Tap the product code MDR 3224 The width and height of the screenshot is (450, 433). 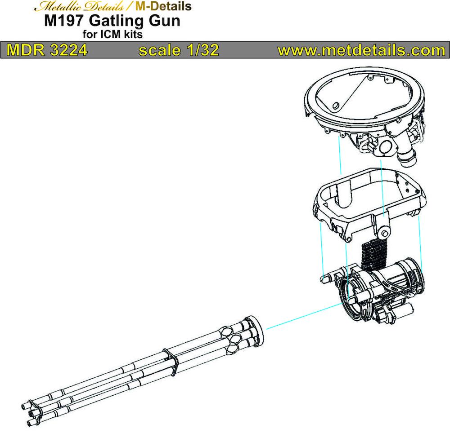click(47, 50)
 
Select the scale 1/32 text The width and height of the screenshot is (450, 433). click(179, 50)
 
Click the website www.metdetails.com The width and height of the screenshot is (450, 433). click(361, 50)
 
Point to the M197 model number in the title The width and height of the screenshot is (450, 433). click(65, 21)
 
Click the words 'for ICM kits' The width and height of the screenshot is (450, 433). click(112, 35)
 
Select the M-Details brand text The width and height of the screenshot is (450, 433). click(163, 6)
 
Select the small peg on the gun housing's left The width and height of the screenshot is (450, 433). click(327, 278)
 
